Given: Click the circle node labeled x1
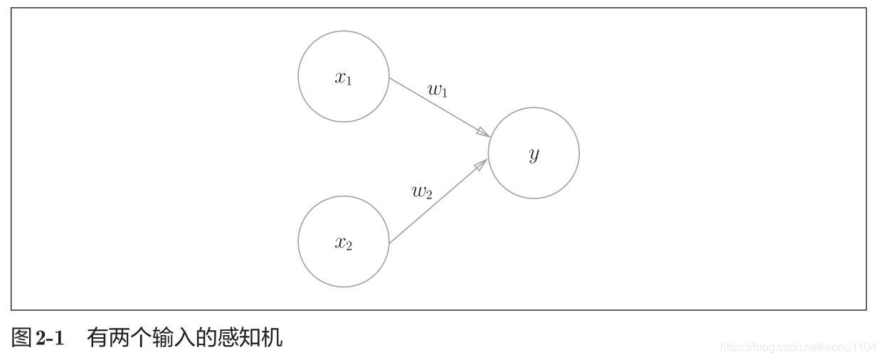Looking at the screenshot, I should (x=344, y=77).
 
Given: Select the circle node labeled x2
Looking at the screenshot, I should (x=344, y=242).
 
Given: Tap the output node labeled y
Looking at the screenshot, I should (x=534, y=153).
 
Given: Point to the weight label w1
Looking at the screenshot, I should (x=438, y=90).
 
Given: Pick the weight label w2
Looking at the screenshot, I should (x=422, y=191).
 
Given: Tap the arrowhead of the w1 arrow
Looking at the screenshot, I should (x=483, y=132).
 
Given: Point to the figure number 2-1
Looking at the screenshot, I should (x=49, y=338).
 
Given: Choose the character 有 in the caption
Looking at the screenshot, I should (x=97, y=337).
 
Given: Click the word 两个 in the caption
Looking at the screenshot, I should (x=128, y=337).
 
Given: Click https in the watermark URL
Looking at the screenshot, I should (x=732, y=347).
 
